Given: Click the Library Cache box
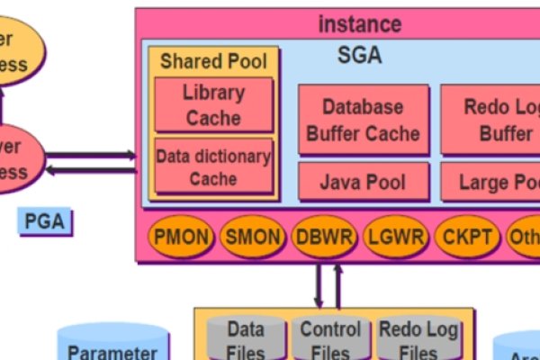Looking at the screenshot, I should click(x=213, y=104).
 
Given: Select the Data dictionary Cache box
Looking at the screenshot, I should click(x=213, y=166).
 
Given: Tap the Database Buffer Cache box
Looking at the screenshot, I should click(x=363, y=120).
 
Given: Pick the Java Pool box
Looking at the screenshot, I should click(x=363, y=183).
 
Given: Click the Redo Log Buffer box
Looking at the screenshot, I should click(x=490, y=120).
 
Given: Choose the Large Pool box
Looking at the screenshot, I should click(x=490, y=183).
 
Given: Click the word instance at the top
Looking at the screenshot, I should click(x=360, y=24).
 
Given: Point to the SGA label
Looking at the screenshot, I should click(x=359, y=55).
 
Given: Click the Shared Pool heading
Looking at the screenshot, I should click(x=213, y=61).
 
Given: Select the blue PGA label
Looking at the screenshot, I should click(x=44, y=221).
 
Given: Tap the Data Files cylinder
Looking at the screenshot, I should click(x=245, y=339).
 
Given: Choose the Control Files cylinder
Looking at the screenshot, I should click(x=329, y=339).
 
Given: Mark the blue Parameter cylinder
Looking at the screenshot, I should click(x=112, y=346).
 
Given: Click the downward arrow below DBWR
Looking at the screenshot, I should click(x=319, y=284).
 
